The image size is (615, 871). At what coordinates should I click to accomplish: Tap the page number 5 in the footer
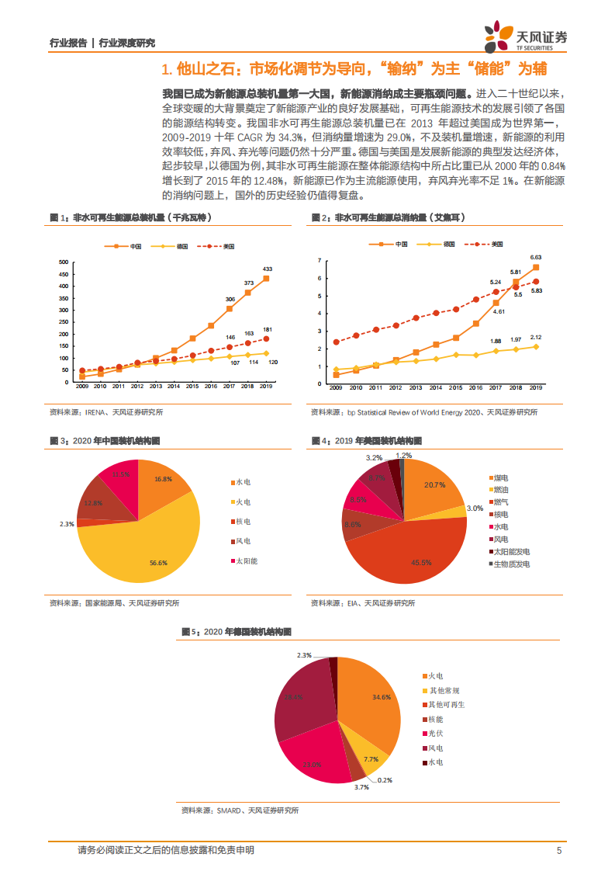558,850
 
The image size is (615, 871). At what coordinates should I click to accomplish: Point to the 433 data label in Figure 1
267,269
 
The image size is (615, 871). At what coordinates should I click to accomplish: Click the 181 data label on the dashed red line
267,329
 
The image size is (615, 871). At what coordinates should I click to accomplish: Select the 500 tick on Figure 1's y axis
63,262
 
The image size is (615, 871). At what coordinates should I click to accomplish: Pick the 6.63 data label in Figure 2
535,257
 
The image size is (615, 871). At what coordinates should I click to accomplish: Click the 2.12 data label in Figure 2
535,338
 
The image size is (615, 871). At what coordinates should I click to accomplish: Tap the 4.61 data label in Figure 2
499,311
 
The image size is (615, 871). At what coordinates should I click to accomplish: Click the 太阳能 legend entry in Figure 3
247,560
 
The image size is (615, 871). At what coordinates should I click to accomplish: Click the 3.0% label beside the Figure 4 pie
475,508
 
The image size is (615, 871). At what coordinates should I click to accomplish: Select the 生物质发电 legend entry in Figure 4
512,564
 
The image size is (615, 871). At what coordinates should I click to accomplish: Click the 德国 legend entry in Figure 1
183,246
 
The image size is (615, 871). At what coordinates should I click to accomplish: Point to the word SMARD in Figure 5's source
229,810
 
